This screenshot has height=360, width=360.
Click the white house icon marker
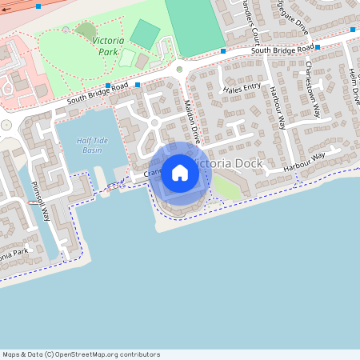click(179, 172)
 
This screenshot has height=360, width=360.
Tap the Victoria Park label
click(108, 45)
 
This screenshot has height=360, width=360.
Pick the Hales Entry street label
click(242, 88)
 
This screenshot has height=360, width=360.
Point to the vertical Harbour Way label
click(278, 107)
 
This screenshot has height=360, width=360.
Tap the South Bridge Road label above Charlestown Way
click(281, 50)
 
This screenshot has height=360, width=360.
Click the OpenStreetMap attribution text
click(81, 354)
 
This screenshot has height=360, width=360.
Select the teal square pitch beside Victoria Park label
click(145, 34)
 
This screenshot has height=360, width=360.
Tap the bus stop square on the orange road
click(39, 6)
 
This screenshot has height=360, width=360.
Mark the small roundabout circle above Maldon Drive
click(179, 70)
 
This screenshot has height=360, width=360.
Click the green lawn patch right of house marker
click(226, 187)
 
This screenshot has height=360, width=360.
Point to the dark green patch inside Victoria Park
click(85, 30)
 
